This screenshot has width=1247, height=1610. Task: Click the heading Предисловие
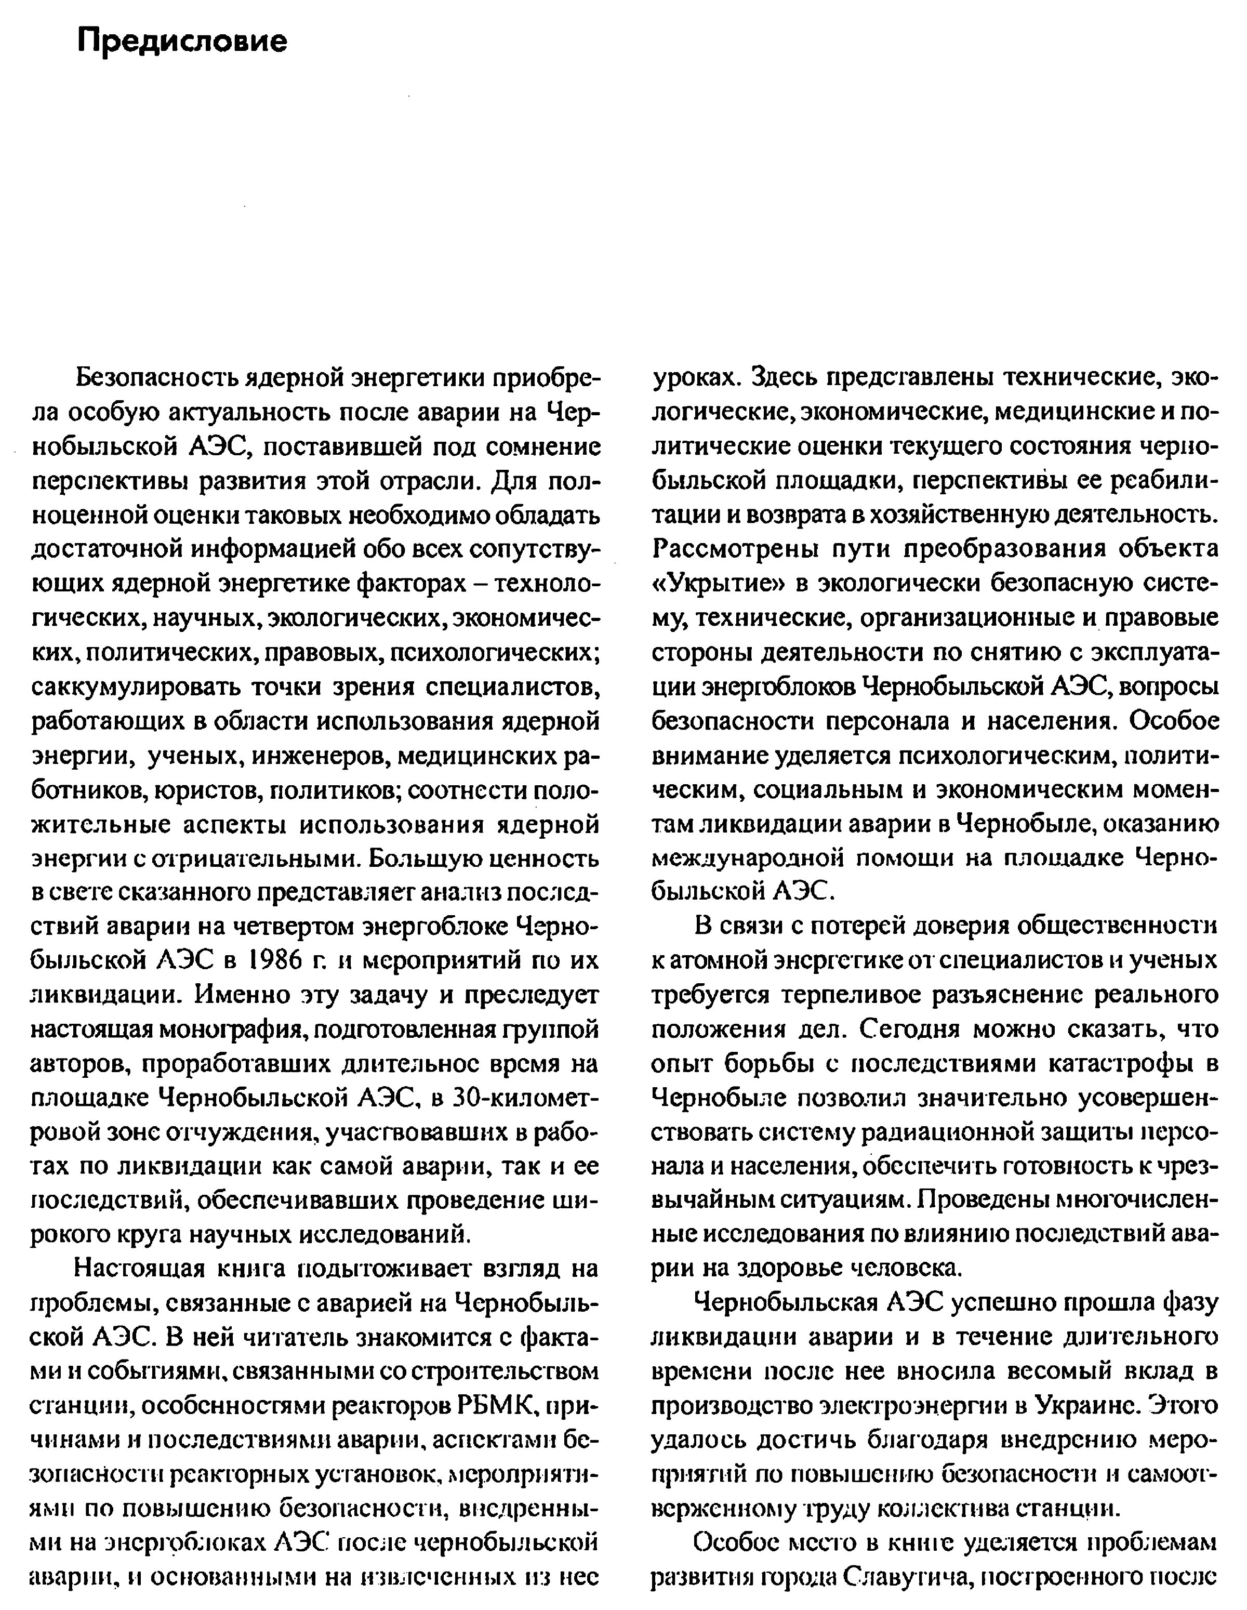[182, 41]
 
